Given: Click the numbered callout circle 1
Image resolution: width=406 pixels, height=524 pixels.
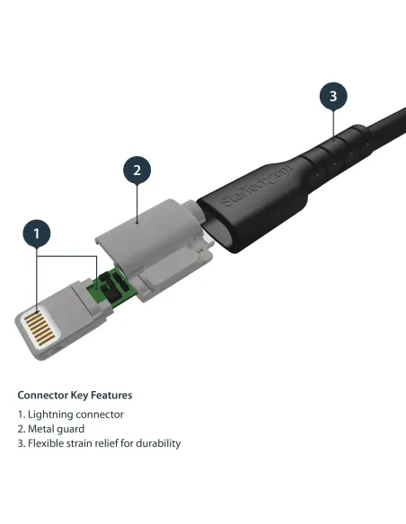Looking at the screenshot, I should [x=37, y=235].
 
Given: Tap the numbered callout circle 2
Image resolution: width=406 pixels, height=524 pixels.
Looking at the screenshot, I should [x=136, y=170].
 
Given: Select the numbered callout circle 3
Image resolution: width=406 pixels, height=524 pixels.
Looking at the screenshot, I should [x=333, y=96].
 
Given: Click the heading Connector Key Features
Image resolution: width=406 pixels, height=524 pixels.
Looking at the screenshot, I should [x=75, y=395].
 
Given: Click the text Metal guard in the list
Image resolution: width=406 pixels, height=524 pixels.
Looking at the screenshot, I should [x=59, y=429].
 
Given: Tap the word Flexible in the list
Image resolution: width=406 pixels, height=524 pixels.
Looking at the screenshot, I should [x=47, y=443].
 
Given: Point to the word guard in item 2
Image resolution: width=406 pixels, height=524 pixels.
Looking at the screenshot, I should [x=73, y=429].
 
